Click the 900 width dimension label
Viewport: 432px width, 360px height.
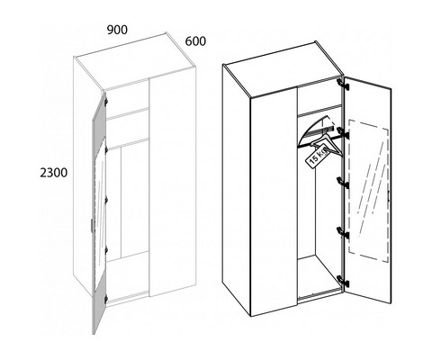pos(118,30)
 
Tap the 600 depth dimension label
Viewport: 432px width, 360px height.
pos(195,41)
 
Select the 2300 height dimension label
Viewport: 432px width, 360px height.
pos(54,173)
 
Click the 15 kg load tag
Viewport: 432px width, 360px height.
pos(317,157)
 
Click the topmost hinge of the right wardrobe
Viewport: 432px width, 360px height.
pos(343,84)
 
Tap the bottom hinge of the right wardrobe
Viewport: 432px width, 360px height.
pos(343,282)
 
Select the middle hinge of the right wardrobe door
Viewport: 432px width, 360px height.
pos(343,183)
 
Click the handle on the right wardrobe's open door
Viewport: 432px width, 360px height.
pos(388,195)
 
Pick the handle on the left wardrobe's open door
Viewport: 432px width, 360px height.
pos(92,226)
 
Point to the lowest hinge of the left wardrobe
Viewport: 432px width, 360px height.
pos(105,299)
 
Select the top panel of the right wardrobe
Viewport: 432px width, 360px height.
pos(283,69)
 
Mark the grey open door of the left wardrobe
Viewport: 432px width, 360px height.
pos(99,210)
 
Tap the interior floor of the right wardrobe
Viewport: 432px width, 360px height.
pos(318,277)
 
